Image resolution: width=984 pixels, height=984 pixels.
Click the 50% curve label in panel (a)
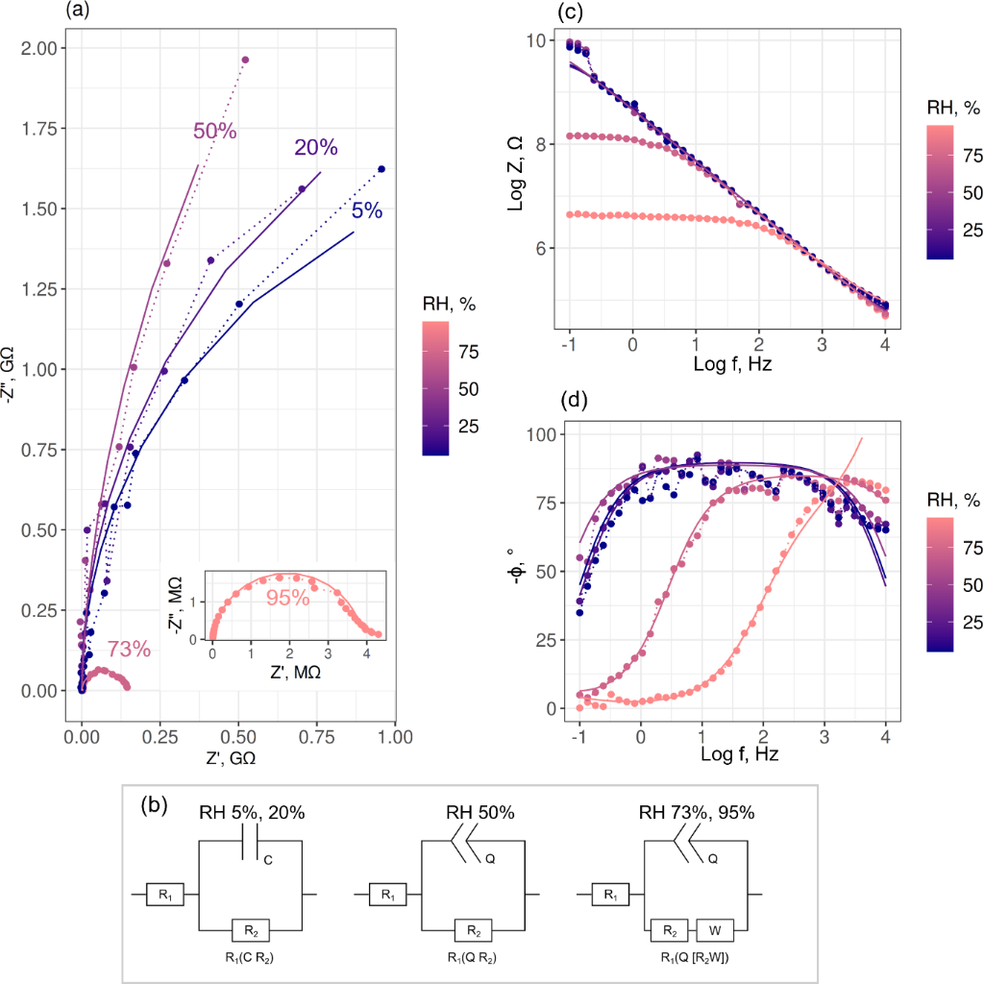coord(214,132)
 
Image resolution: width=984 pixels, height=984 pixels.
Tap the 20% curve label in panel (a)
coord(315,148)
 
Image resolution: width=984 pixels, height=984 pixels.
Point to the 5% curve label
coord(366,210)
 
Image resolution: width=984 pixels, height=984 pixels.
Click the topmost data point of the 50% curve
coord(245,60)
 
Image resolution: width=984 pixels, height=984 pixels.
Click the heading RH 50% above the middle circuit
coord(480,813)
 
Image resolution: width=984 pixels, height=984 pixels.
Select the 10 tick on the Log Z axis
coord(535,40)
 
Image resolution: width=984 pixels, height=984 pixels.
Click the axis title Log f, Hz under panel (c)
coord(733,366)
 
